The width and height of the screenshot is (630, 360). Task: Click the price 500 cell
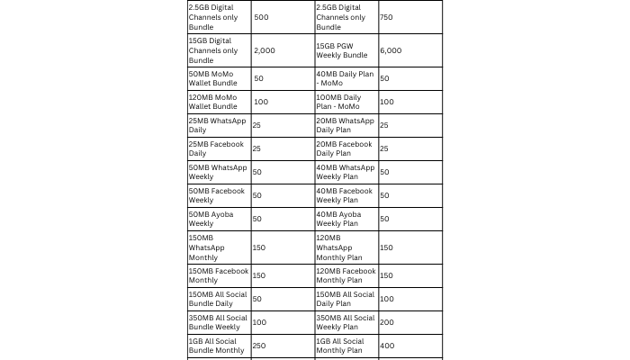pyautogui.click(x=261, y=17)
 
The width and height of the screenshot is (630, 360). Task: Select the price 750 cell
pyautogui.click(x=386, y=17)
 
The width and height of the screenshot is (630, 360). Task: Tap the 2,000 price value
pyautogui.click(x=265, y=50)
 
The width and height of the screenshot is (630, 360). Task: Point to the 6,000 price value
pyautogui.click(x=391, y=50)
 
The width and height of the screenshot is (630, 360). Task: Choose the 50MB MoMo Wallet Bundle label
pyautogui.click(x=213, y=78)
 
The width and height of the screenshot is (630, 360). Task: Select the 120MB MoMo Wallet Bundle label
pyautogui.click(x=213, y=102)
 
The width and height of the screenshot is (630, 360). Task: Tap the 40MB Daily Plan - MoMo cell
pyautogui.click(x=345, y=78)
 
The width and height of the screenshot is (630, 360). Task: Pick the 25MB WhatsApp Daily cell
pyautogui.click(x=217, y=125)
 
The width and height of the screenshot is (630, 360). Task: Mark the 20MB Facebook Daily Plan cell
pyautogui.click(x=344, y=148)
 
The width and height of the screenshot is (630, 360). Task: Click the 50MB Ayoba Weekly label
pyautogui.click(x=212, y=219)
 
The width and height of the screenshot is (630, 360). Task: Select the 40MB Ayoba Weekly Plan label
pyautogui.click(x=338, y=219)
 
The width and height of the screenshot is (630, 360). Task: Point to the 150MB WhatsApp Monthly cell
pyautogui.click(x=207, y=247)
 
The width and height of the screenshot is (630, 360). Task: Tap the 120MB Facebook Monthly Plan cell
pyautogui.click(x=346, y=275)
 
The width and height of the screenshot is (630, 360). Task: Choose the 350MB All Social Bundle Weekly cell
pyautogui.click(x=218, y=322)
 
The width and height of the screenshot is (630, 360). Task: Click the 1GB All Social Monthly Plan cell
pyautogui.click(x=340, y=346)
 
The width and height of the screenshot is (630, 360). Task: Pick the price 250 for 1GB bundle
pyautogui.click(x=260, y=346)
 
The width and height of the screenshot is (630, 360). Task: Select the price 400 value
pyautogui.click(x=386, y=346)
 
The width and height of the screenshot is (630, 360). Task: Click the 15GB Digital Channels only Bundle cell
pyautogui.click(x=213, y=50)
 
